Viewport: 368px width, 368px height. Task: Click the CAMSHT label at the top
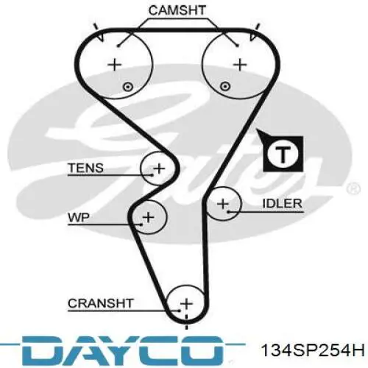tap(177, 10)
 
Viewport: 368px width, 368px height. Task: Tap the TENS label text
tap(85, 168)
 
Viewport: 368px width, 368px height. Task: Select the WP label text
tap(79, 217)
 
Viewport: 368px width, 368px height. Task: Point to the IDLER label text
tap(282, 204)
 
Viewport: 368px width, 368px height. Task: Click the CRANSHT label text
tap(101, 303)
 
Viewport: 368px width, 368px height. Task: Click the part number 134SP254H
tap(313, 350)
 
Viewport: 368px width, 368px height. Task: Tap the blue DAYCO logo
tap(123, 351)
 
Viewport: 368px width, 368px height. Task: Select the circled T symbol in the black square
tap(283, 154)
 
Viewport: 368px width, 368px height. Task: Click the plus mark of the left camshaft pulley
tap(114, 65)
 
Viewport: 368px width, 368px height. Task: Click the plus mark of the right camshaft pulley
tap(240, 65)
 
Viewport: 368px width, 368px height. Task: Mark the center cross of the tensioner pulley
tap(159, 169)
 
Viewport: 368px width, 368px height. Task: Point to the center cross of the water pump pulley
tap(148, 217)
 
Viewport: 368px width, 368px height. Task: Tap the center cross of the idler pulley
tap(223, 204)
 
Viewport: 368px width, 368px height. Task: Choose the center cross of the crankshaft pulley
tap(186, 304)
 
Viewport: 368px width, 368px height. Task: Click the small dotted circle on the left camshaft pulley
tap(127, 87)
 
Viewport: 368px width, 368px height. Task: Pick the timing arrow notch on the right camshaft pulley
tap(253, 36)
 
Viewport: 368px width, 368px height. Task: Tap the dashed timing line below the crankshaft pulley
tap(186, 322)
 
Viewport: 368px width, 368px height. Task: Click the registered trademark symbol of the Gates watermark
tap(353, 188)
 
